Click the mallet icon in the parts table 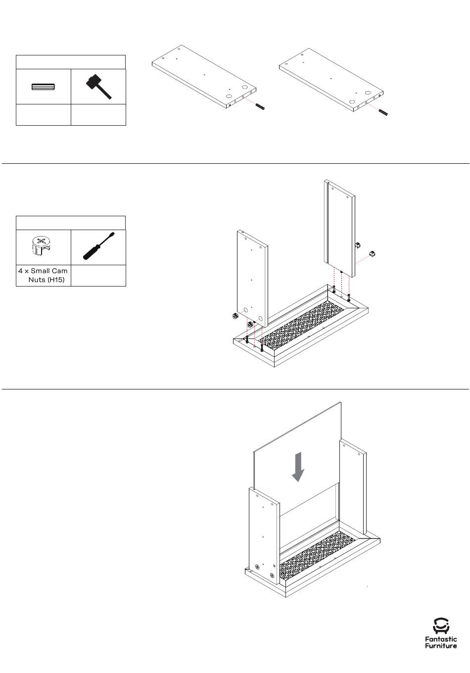click(x=98, y=87)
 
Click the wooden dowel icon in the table click(x=43, y=87)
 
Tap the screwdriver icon click(x=99, y=246)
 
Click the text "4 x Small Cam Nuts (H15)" click(x=43, y=275)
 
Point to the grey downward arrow click(x=298, y=467)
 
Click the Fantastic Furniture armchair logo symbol click(x=441, y=626)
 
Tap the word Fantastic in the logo click(x=441, y=639)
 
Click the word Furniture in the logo click(x=441, y=646)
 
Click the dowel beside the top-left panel click(x=260, y=107)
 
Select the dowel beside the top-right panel click(x=383, y=112)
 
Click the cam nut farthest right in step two click(x=372, y=254)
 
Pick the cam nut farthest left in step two click(x=234, y=316)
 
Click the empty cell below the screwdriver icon click(x=98, y=276)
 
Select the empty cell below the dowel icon click(x=43, y=115)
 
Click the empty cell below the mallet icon click(x=98, y=115)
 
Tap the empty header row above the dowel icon click(x=71, y=62)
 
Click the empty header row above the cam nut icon click(x=71, y=223)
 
